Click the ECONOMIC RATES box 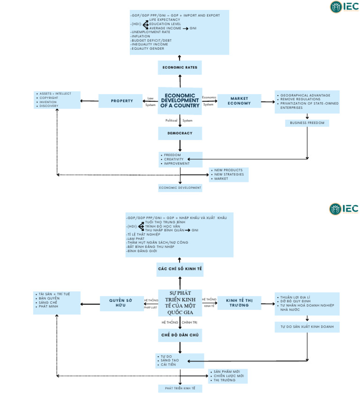pyautogui.click(x=180, y=67)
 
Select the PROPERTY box pyautogui.click(x=121, y=101)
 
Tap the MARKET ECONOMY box pyautogui.click(x=240, y=100)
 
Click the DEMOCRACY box pyautogui.click(x=180, y=134)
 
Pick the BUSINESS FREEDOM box pyautogui.click(x=307, y=123)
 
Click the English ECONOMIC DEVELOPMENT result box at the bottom pyautogui.click(x=180, y=187)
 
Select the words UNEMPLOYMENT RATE pyautogui.click(x=151, y=32)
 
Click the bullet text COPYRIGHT pyautogui.click(x=49, y=97)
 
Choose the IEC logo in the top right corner pyautogui.click(x=344, y=7)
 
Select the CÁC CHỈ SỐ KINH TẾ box pyautogui.click(x=180, y=269)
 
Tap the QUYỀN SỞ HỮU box pyautogui.click(x=121, y=303)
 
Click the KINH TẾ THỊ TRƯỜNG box pyautogui.click(x=240, y=302)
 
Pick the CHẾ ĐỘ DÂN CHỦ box pyautogui.click(x=180, y=335)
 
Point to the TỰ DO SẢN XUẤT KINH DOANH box pyautogui.click(x=307, y=326)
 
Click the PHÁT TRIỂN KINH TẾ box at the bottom pyautogui.click(x=180, y=389)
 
